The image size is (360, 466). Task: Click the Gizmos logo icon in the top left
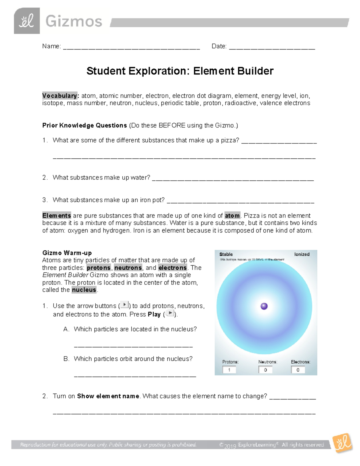(x=27, y=21)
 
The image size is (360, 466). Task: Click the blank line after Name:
(x=131, y=47)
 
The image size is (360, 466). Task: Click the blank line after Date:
(x=272, y=47)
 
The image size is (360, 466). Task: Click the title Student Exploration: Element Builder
(x=180, y=71)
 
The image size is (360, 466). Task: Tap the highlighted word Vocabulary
(x=60, y=96)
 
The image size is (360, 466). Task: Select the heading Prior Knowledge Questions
(x=85, y=125)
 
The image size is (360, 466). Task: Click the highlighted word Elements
(x=57, y=215)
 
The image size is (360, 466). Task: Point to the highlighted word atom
(x=232, y=215)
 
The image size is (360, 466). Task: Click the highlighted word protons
(x=99, y=268)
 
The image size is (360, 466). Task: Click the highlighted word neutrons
(x=128, y=268)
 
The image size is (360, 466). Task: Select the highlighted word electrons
(x=172, y=268)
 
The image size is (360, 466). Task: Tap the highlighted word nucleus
(x=84, y=290)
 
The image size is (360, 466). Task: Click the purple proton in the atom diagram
(x=264, y=306)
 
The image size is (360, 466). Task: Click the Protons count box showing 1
(x=229, y=370)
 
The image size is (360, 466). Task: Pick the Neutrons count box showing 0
(x=265, y=370)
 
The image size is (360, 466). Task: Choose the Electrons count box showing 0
(x=298, y=370)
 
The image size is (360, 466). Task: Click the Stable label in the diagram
(x=226, y=254)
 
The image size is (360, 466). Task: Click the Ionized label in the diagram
(x=301, y=254)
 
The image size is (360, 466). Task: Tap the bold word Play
(x=154, y=314)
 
